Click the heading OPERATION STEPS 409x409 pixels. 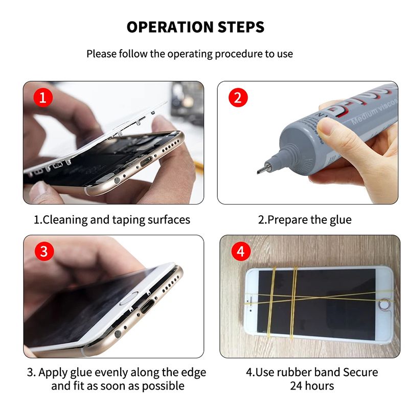(196, 27)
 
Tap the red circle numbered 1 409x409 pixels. (43, 97)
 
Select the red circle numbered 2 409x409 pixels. (237, 97)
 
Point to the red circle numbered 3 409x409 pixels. (43, 251)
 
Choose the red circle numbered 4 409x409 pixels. (240, 251)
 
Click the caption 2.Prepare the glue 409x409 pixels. (304, 220)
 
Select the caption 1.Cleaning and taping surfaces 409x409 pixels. (112, 220)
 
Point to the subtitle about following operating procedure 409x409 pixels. (190, 54)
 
